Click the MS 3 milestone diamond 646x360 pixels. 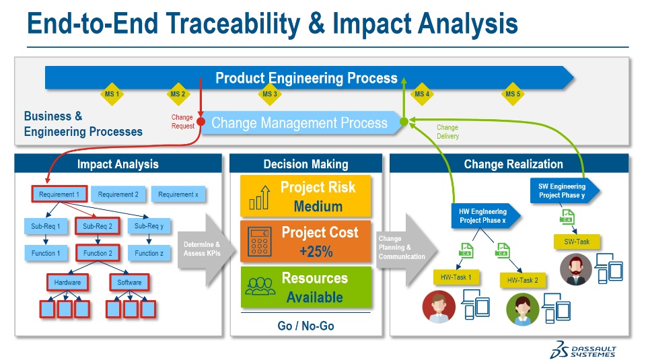269,94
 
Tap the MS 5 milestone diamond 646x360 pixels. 513,94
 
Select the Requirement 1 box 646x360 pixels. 59,194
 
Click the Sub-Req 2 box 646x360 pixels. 98,226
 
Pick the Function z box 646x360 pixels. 149,254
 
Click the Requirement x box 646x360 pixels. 178,194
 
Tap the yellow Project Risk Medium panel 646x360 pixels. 306,196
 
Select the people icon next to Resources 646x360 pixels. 259,287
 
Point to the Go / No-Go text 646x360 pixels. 306,326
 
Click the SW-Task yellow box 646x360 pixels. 576,241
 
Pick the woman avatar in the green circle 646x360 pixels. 523,310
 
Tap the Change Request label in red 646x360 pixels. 183,122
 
